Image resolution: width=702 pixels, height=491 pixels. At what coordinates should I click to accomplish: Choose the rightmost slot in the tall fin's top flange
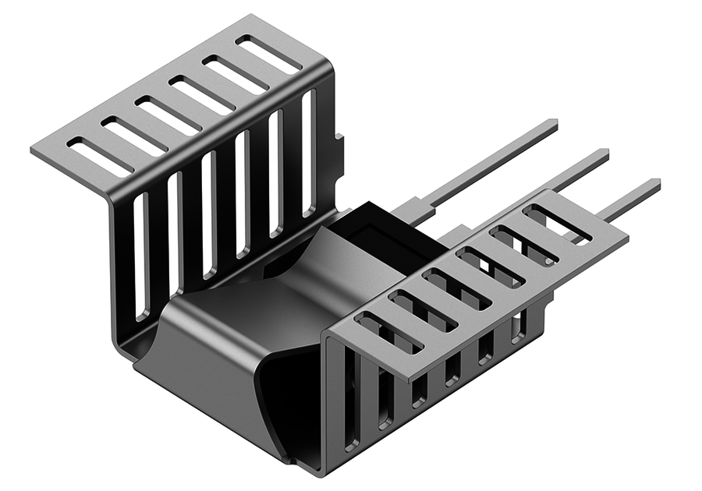click(269, 55)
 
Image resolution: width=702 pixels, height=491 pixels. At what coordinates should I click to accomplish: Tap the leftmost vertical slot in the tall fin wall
click(140, 257)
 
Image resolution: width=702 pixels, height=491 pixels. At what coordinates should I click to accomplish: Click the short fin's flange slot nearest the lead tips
click(557, 223)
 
